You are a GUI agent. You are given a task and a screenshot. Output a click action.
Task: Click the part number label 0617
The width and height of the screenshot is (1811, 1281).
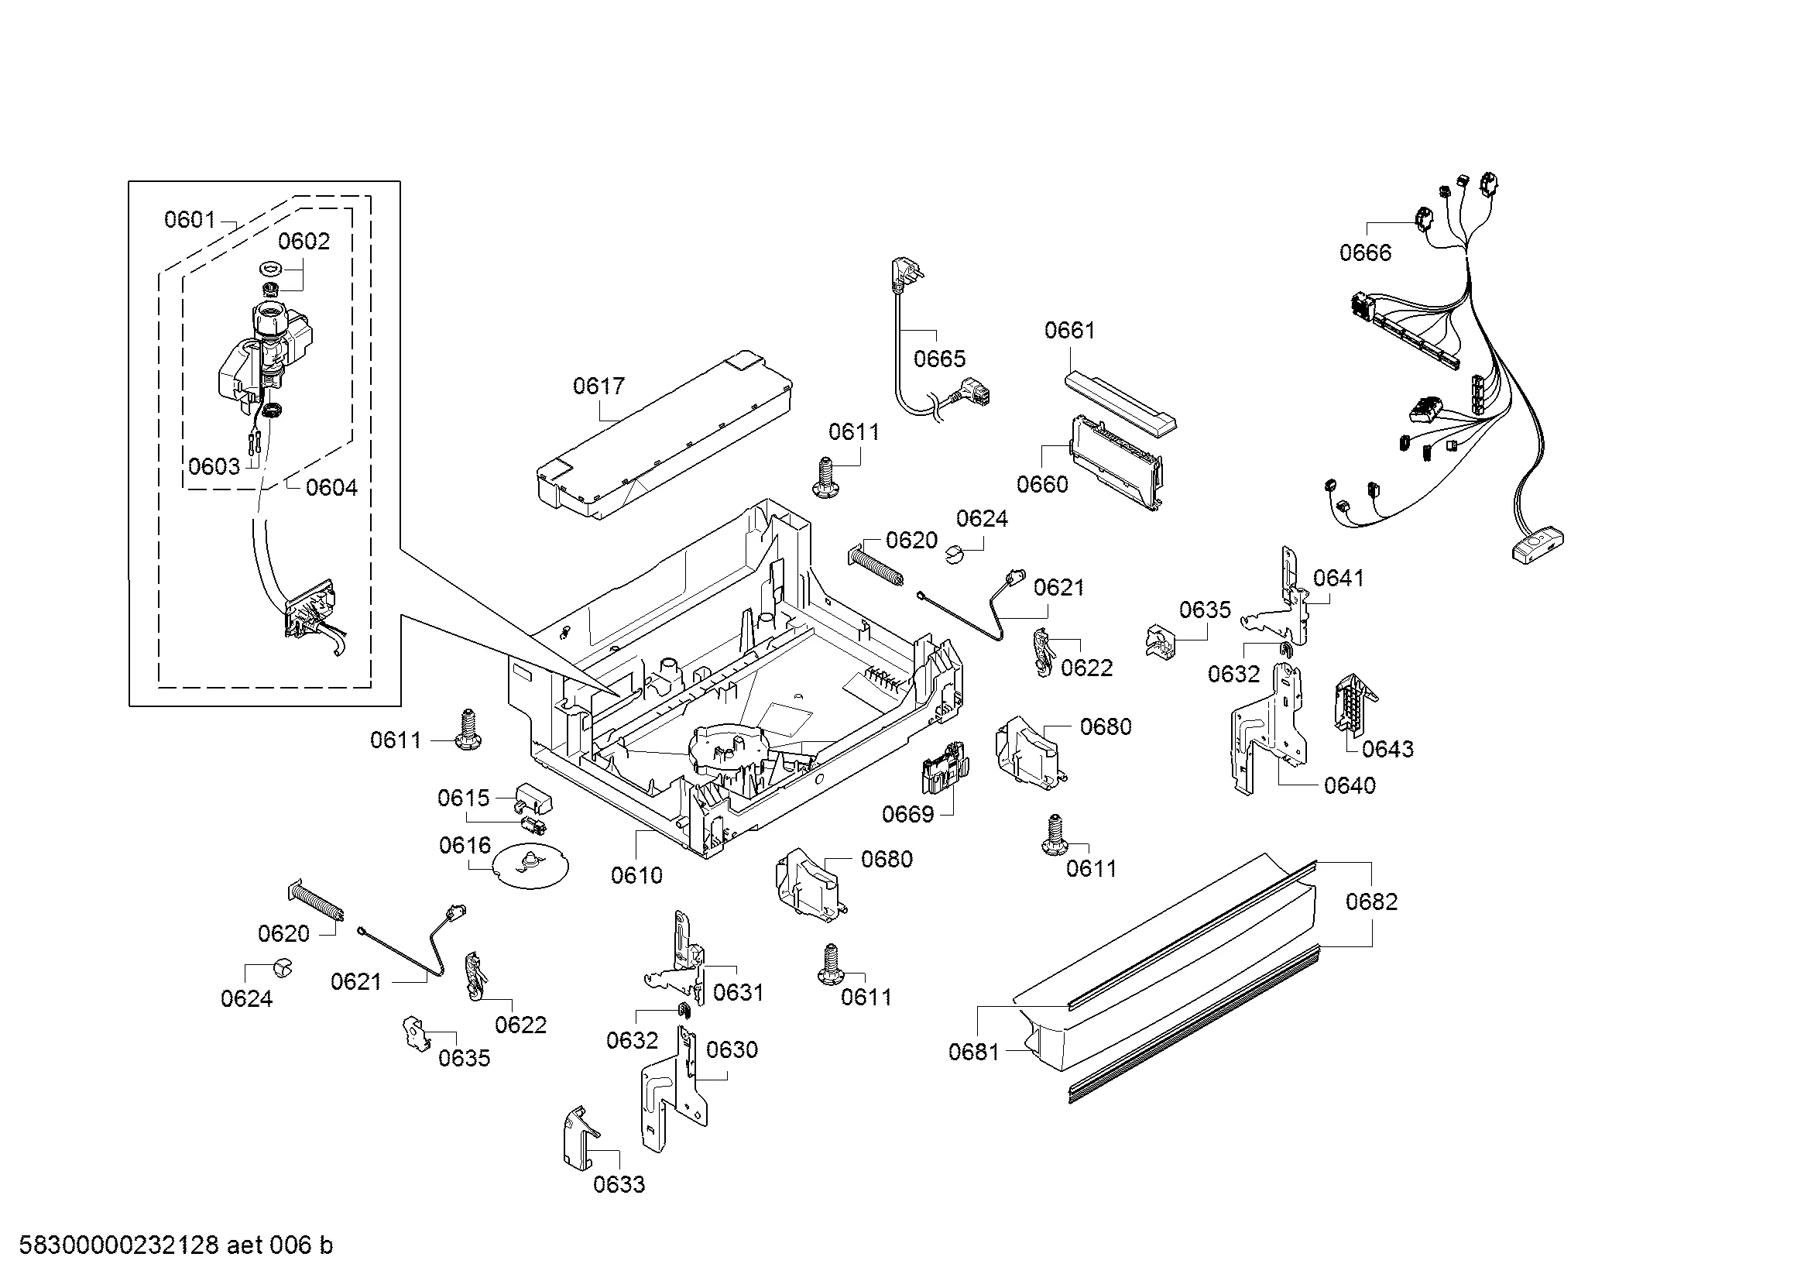pyautogui.click(x=598, y=386)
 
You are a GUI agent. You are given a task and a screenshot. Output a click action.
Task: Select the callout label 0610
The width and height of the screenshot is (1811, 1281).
pyautogui.click(x=636, y=874)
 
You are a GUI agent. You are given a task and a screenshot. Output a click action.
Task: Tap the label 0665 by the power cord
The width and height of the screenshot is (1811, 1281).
pyautogui.click(x=939, y=359)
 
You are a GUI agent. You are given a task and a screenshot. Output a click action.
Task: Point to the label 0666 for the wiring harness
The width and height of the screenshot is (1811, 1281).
pyautogui.click(x=1365, y=252)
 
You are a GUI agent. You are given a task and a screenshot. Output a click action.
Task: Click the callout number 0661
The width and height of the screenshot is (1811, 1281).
pyautogui.click(x=1069, y=330)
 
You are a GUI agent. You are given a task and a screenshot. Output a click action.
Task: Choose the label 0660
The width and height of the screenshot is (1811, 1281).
pyautogui.click(x=1042, y=483)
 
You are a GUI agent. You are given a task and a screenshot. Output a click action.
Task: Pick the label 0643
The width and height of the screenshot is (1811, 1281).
pyautogui.click(x=1387, y=749)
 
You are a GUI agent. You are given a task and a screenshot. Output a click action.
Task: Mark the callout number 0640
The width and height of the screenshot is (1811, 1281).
pyautogui.click(x=1350, y=785)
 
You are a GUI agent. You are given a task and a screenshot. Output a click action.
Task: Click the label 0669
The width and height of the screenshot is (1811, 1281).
pyautogui.click(x=908, y=814)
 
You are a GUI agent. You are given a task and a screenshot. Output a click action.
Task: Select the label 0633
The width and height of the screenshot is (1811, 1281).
pyautogui.click(x=619, y=1184)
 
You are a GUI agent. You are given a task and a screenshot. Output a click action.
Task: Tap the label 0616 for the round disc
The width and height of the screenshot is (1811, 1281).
pyautogui.click(x=465, y=846)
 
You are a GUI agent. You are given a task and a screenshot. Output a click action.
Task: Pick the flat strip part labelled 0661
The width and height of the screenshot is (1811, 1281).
pyautogui.click(x=1120, y=403)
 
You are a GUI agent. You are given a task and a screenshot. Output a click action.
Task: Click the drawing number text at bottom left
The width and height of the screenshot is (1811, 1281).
pyautogui.click(x=176, y=1245)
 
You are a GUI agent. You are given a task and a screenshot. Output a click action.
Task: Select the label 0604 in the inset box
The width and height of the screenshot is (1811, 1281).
pyautogui.click(x=331, y=487)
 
